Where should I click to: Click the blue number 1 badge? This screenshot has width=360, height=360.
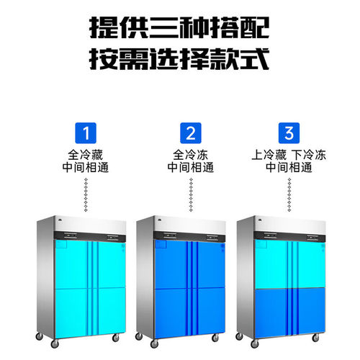coord(86,133)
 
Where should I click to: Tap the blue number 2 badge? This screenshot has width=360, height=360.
coord(191,133)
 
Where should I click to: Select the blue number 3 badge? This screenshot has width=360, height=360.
coord(289,133)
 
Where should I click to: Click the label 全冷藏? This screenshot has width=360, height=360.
coord(86,155)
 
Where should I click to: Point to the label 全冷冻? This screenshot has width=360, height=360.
coord(191,155)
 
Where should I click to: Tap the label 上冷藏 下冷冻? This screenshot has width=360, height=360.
coord(289,155)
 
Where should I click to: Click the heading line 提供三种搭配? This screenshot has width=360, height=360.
coord(179,28)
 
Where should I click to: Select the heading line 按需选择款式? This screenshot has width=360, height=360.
coord(179,59)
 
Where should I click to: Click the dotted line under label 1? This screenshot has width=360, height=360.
coord(86,195)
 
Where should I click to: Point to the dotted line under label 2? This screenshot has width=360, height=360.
coord(191,195)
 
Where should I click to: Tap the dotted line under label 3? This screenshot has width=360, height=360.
coord(289,195)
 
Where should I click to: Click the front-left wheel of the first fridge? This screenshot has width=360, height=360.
coord(55,343)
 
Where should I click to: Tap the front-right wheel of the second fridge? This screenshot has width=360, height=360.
coord(215,338)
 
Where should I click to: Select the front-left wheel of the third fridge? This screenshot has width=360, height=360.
coord(255,343)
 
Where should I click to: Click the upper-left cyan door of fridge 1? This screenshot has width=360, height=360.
coord(71,264)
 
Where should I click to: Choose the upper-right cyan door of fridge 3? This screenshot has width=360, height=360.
coord(311,264)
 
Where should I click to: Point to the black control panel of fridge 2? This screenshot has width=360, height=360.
coord(189,236)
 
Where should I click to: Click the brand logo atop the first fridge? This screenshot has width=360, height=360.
coord(60,220)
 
